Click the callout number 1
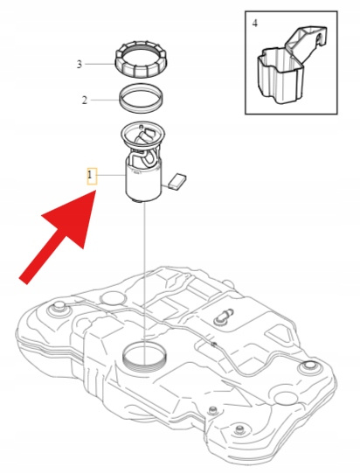90,175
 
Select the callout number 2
85,100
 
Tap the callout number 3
80,64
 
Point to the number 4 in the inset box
255,24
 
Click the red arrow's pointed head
96,190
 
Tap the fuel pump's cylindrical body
143,185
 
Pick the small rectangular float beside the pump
177,182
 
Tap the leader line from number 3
100,64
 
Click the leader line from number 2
105,100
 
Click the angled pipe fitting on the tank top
224,317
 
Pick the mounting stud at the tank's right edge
308,366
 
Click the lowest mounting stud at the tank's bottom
239,429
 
